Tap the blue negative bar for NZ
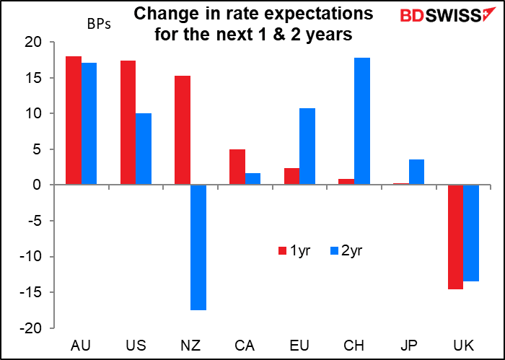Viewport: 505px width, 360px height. point(198,247)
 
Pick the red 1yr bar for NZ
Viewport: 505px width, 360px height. point(183,131)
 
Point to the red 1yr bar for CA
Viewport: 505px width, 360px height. point(237,167)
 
